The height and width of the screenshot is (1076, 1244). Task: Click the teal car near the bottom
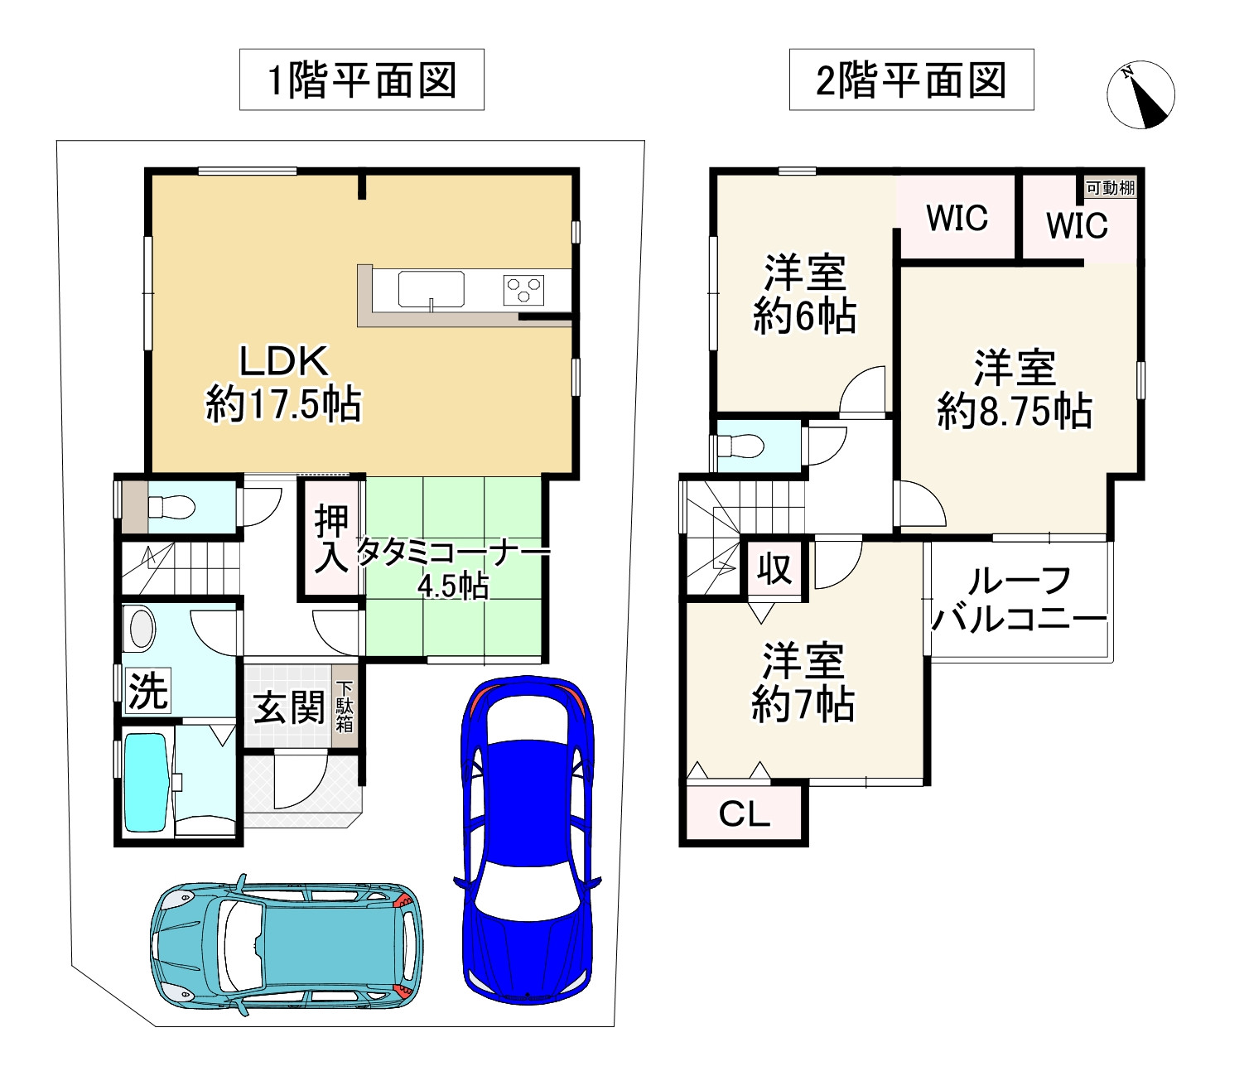pyautogui.click(x=287, y=945)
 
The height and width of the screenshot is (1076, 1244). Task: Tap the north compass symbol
pyautogui.click(x=1140, y=94)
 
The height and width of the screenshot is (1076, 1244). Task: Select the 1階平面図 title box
pyautogui.click(x=362, y=80)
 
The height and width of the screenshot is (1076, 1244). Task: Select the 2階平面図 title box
pyautogui.click(x=911, y=80)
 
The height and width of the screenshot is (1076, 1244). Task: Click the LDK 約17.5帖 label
pyautogui.click(x=284, y=383)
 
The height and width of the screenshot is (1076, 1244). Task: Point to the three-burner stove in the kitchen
pyautogui.click(x=523, y=289)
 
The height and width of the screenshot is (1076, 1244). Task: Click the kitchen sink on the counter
pyautogui.click(x=431, y=289)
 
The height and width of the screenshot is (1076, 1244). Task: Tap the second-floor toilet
pyautogui.click(x=741, y=446)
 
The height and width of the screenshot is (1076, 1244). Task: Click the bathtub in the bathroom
pyautogui.click(x=146, y=782)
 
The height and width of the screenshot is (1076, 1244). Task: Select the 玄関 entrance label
pyautogui.click(x=289, y=707)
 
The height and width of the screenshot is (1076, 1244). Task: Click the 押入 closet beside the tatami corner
pyautogui.click(x=331, y=538)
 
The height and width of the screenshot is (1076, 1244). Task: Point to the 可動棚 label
pyautogui.click(x=1111, y=188)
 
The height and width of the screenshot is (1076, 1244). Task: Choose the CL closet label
pyautogui.click(x=745, y=814)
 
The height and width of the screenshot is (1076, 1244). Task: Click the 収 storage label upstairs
pyautogui.click(x=774, y=569)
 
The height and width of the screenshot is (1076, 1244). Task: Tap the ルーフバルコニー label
pyautogui.click(x=1020, y=600)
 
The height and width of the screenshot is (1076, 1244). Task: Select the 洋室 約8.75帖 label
pyautogui.click(x=1015, y=388)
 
